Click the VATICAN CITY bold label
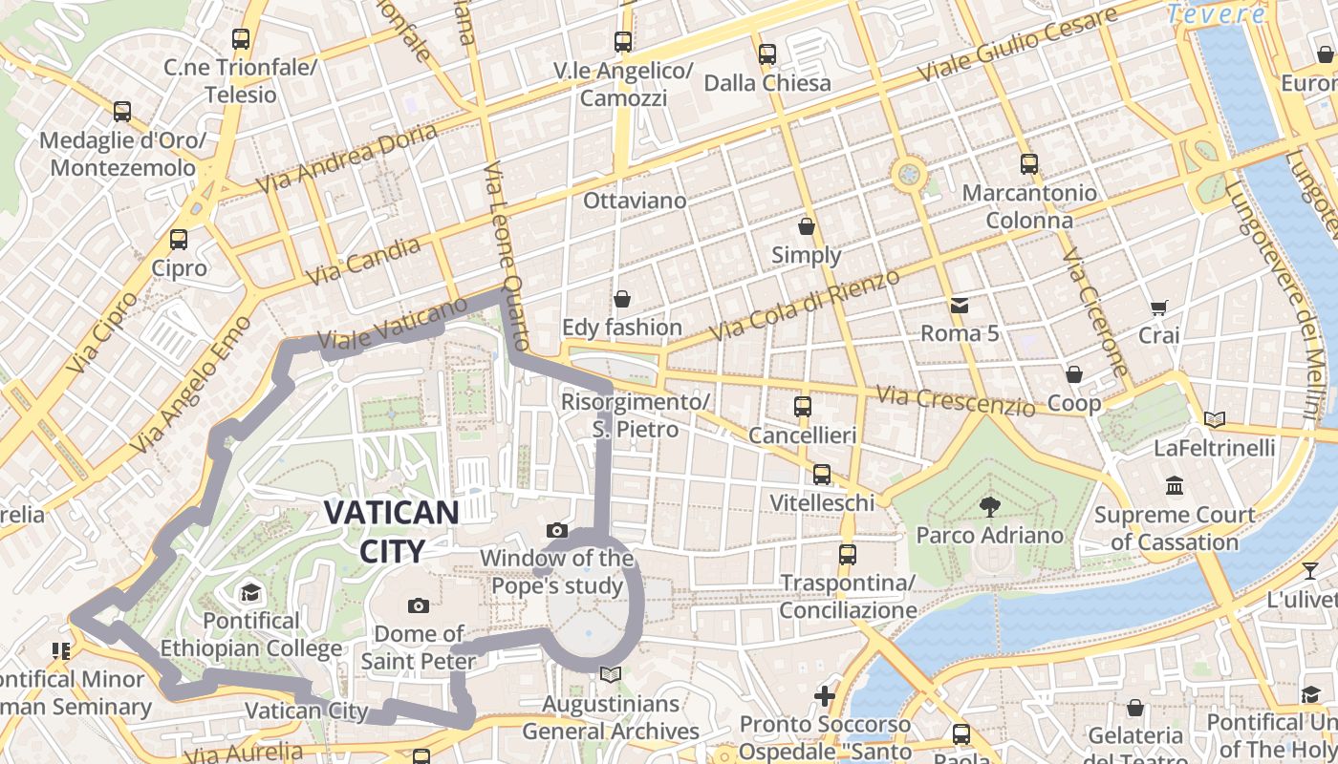[x=391, y=531]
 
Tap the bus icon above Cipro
[x=179, y=239]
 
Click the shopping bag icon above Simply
[x=807, y=226]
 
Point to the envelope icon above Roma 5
[x=959, y=306]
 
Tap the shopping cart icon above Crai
[x=1159, y=308]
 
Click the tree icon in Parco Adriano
[x=989, y=507]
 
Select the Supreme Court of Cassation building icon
[x=1175, y=486]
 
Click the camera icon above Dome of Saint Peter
[x=418, y=605]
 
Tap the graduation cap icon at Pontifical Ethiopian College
[x=250, y=592]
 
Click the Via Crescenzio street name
[x=956, y=401]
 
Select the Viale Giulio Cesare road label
[x=1017, y=46]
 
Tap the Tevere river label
[x=1216, y=14]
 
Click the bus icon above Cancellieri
[x=803, y=407]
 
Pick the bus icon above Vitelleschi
[x=822, y=474]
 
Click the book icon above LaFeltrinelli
[x=1214, y=419]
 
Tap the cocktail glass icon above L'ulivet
[x=1309, y=571]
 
